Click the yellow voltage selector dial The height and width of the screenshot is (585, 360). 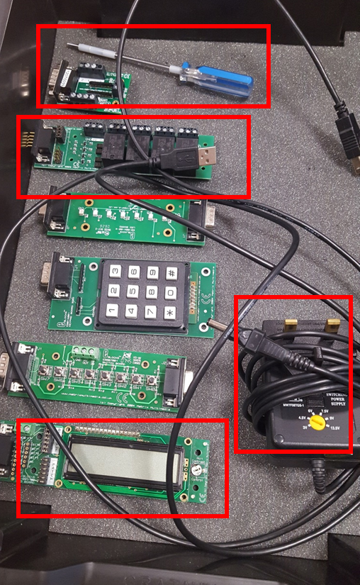coord(320,423)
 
